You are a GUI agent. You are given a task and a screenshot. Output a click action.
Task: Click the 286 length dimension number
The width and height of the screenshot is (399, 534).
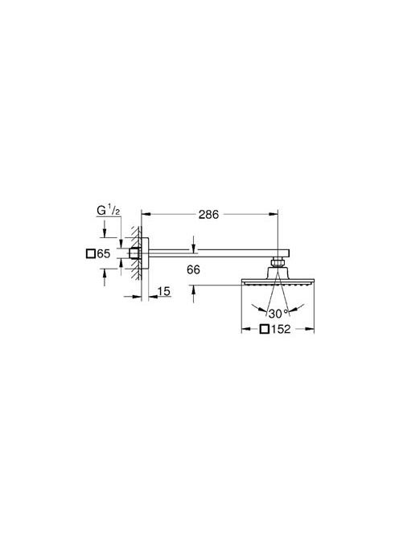point(208,215)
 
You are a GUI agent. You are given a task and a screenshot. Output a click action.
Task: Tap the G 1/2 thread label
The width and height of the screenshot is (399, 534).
point(109,211)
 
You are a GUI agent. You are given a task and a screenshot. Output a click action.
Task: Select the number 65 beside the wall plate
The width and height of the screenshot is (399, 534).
point(104,253)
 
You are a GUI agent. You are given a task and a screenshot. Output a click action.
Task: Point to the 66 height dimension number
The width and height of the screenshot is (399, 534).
point(193,270)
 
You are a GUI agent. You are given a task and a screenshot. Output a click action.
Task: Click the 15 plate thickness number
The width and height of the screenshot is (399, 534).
point(164,291)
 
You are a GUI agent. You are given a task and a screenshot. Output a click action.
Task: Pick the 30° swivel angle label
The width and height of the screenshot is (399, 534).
point(278,314)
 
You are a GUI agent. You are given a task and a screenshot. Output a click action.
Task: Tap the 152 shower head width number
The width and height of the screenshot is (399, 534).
point(281,329)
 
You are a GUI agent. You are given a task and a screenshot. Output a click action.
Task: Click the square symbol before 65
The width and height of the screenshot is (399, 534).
point(91,254)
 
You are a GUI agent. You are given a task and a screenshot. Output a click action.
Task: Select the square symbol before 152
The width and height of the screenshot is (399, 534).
point(265,329)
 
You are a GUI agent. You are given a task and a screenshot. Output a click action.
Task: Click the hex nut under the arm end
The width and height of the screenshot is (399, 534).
point(278,262)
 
